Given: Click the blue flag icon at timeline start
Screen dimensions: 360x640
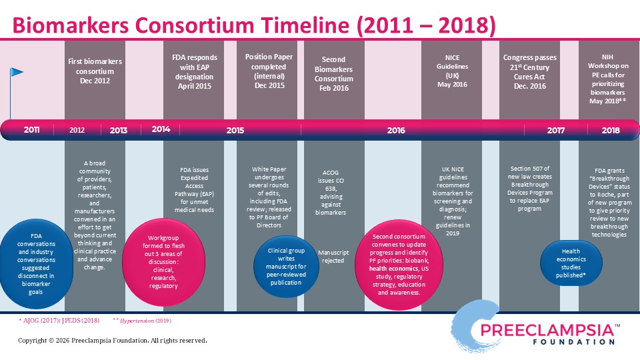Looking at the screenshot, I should pyautogui.click(x=17, y=72).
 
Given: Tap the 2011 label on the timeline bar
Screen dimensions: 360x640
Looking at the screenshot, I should pyautogui.click(x=31, y=130).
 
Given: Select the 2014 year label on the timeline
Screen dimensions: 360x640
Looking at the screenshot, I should pyautogui.click(x=161, y=129).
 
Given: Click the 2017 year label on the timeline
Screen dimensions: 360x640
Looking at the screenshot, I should pyautogui.click(x=556, y=130).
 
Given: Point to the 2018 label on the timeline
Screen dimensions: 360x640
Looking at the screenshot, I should pyautogui.click(x=611, y=130).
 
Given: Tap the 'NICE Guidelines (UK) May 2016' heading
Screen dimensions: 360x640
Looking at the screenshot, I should pyautogui.click(x=452, y=71).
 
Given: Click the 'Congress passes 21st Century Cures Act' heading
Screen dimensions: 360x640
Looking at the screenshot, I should pyautogui.click(x=530, y=71).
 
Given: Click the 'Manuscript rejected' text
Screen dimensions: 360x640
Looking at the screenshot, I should pyautogui.click(x=334, y=257).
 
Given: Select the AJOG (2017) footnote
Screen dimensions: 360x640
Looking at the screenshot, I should pyautogui.click(x=59, y=321).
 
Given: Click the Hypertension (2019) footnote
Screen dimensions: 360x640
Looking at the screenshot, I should pyautogui.click(x=142, y=321).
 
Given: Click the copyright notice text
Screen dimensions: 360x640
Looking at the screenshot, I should pyautogui.click(x=112, y=341).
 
